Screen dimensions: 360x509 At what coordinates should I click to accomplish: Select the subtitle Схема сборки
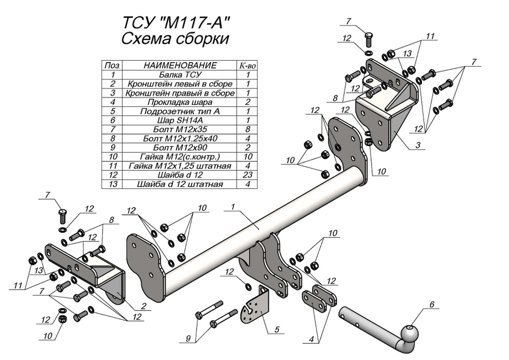(x=175, y=40)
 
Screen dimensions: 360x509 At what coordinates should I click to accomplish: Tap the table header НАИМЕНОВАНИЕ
(x=180, y=66)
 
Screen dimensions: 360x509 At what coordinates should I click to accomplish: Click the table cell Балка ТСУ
(x=180, y=74)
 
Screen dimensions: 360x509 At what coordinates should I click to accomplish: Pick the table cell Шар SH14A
(x=180, y=120)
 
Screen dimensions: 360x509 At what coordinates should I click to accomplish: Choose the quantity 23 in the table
(x=247, y=175)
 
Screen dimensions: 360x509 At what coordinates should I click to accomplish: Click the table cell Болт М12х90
(x=180, y=148)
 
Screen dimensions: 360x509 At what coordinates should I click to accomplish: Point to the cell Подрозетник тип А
(x=180, y=111)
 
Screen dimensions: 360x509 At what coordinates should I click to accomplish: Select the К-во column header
(x=247, y=66)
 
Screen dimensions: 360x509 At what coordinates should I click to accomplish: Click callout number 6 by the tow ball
(x=432, y=305)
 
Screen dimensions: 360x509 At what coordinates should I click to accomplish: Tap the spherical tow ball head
(x=410, y=335)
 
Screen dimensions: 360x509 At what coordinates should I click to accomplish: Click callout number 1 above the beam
(x=232, y=207)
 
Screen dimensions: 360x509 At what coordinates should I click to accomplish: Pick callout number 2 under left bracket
(x=144, y=306)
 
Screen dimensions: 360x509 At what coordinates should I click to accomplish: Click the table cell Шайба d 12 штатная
(x=180, y=184)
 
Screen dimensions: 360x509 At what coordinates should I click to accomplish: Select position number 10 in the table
(x=113, y=157)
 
